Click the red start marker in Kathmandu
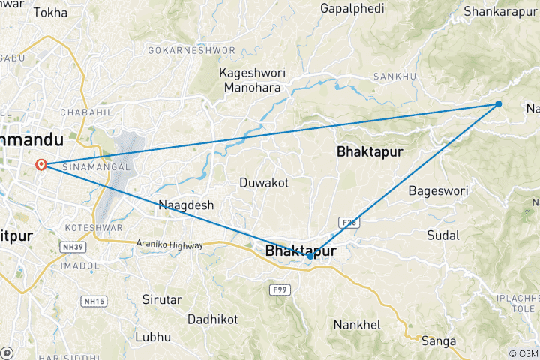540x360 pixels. coord(42,165)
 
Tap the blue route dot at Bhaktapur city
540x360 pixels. coord(310,256)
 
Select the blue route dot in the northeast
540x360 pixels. coord(499,104)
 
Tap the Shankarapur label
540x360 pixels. coord(500,11)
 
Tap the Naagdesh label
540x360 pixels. coord(186,205)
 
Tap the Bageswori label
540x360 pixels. coord(438,191)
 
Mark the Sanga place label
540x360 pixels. coord(439,341)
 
